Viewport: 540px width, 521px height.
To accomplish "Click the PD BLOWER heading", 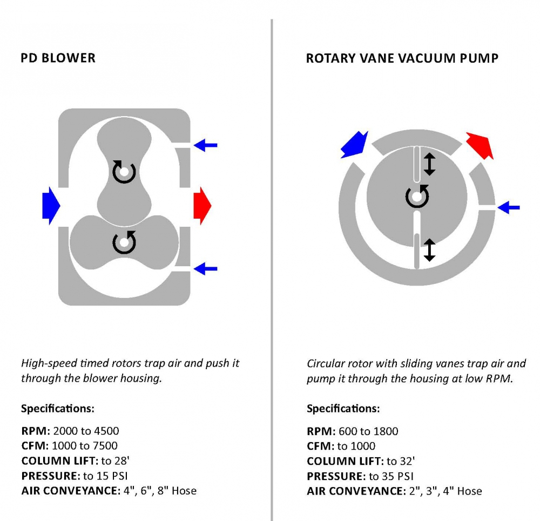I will coord(58,58).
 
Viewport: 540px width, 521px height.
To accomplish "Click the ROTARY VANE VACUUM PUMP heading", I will coord(402,58).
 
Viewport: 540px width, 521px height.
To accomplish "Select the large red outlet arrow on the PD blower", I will coord(202,205).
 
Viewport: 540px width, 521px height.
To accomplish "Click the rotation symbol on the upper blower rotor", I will coord(124,172).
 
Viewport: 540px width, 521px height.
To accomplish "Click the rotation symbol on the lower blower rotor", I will coord(124,243).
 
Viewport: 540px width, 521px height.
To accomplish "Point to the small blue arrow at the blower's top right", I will coord(205,145).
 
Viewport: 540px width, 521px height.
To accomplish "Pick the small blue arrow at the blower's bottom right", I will coord(205,268).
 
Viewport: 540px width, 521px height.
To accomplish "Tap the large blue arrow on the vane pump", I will coord(354,144).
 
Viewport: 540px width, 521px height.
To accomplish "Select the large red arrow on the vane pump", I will coord(480,144).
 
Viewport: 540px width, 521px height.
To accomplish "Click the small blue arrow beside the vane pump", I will coord(508,207).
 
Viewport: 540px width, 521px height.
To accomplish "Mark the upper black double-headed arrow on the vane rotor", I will coord(429,164).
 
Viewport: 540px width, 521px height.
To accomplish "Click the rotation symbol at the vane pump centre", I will coord(417,196).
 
